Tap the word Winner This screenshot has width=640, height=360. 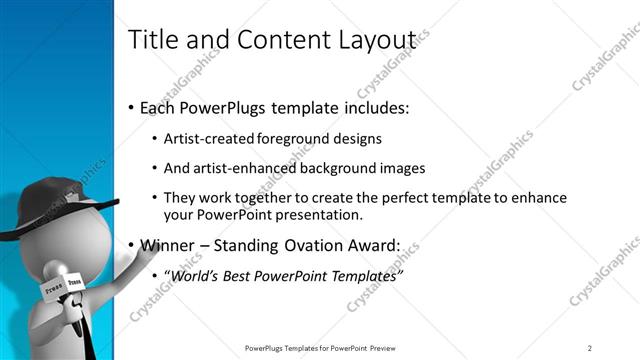[x=168, y=244]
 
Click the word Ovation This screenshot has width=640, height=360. [x=300, y=244]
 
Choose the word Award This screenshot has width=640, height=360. [x=368, y=244]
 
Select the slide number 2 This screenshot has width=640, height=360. [x=590, y=347]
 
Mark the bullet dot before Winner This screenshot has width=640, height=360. [x=131, y=245]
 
